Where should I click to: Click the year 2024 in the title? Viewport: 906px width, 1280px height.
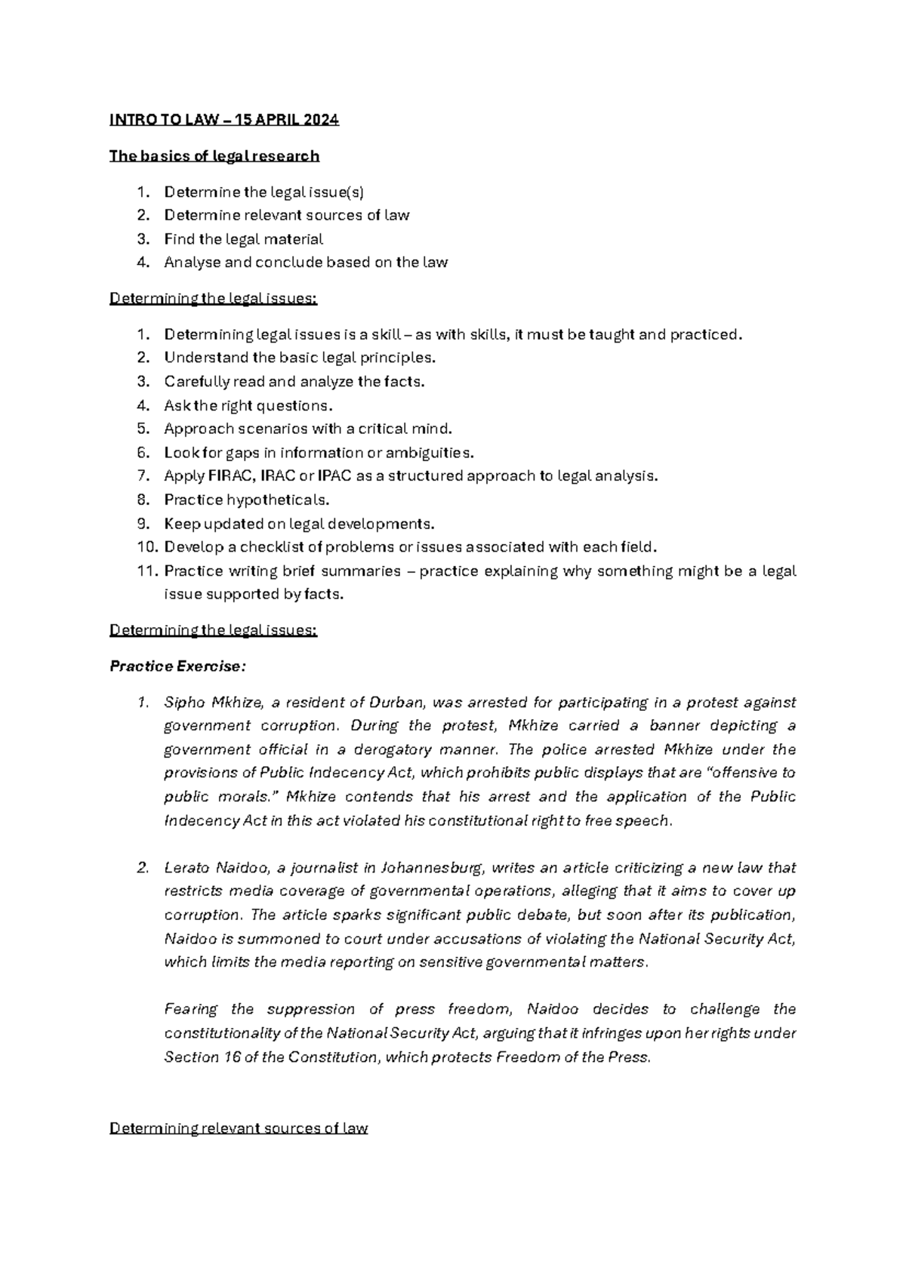pyautogui.click(x=321, y=120)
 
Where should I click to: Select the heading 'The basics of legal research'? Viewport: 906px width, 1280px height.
pyautogui.click(x=214, y=156)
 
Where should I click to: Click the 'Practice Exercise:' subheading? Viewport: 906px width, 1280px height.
pyautogui.click(x=177, y=666)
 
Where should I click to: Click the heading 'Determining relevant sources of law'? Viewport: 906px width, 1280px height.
pyautogui.click(x=239, y=1129)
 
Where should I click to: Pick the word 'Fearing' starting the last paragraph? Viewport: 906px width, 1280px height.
pyautogui.click(x=190, y=1010)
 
